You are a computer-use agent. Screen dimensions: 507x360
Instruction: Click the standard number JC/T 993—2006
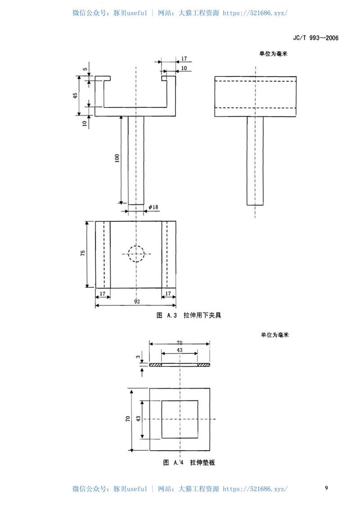tap(315, 38)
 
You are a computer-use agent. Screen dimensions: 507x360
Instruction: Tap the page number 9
tap(327, 488)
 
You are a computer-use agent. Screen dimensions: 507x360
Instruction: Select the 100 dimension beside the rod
tap(117, 158)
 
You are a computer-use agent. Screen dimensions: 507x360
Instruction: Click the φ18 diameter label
tap(153, 207)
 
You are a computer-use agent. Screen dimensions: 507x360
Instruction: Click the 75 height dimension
tap(83, 254)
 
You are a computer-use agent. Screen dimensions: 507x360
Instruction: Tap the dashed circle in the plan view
tap(136, 254)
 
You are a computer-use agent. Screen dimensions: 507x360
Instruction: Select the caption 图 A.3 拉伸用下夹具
tap(189, 315)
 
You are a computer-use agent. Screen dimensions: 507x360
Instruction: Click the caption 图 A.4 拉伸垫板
tap(189, 462)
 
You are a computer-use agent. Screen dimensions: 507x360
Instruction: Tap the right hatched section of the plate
tap(204, 365)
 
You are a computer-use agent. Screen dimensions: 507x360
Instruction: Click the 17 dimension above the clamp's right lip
tap(184, 59)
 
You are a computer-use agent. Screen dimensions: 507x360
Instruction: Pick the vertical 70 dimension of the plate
tap(128, 419)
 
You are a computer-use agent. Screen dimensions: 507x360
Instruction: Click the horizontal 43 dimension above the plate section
tap(180, 350)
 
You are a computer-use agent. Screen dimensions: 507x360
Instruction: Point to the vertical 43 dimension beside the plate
tap(139, 419)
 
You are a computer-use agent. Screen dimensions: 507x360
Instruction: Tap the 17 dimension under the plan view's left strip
tap(103, 293)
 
